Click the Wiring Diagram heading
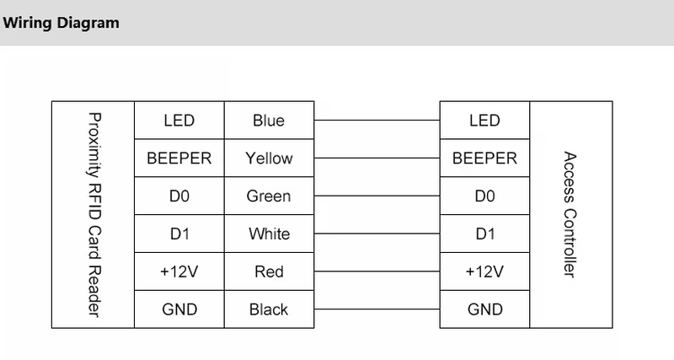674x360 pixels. [x=61, y=23]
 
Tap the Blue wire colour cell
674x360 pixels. [x=269, y=121]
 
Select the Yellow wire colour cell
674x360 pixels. [x=269, y=158]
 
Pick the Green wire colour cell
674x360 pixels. [x=269, y=196]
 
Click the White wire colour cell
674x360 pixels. [x=269, y=234]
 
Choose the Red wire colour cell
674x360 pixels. [x=269, y=271]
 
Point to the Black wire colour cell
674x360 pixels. [x=269, y=309]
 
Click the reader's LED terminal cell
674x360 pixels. [x=179, y=121]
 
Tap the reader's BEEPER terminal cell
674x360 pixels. [x=179, y=158]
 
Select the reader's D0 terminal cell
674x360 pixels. [x=179, y=196]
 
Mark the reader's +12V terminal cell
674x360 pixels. [x=179, y=271]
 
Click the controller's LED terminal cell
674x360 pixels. [x=485, y=121]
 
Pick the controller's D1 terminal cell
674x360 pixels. [x=485, y=234]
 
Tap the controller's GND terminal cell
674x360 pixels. [x=485, y=309]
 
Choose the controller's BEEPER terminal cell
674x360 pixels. [x=485, y=158]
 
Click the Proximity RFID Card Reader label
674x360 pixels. [x=94, y=215]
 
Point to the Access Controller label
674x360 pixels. [x=570, y=214]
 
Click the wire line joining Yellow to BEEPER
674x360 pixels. [x=377, y=158]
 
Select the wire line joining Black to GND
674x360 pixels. [x=377, y=309]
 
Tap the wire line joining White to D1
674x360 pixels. [x=377, y=234]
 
